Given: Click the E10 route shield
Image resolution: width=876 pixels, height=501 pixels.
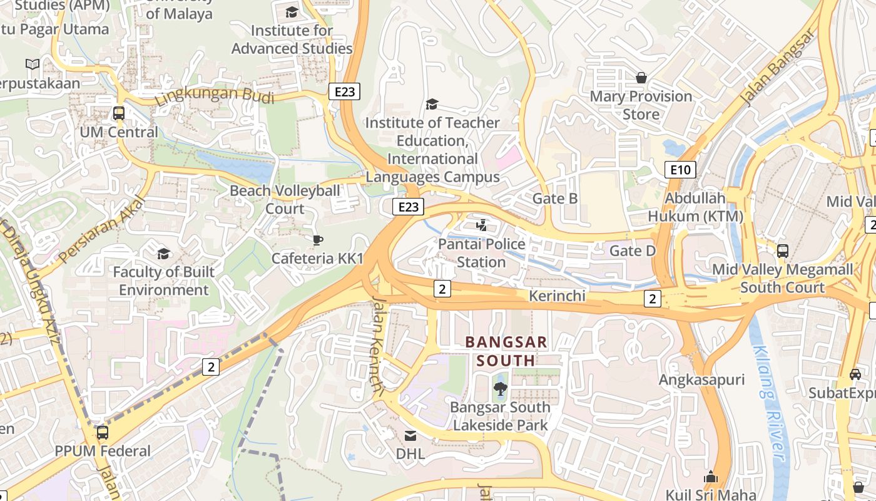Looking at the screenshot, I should coord(680,169).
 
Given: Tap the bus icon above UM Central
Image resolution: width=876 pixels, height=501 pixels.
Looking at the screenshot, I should coord(118,113).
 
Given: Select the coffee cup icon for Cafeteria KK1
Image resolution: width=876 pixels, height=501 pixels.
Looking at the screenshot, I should coord(317,240).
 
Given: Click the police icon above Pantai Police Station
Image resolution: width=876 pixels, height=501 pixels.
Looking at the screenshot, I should coord(481,225).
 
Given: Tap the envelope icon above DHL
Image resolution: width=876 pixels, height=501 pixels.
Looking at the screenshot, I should coord(410,435).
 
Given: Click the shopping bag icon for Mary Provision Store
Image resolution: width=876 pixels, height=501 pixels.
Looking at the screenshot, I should coord(641,78).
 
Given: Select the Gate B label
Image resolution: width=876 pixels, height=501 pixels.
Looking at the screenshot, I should coord(554,199).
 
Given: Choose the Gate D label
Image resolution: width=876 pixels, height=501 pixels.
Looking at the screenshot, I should coord(633,251).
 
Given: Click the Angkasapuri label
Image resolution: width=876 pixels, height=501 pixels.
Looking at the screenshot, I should coord(701,380).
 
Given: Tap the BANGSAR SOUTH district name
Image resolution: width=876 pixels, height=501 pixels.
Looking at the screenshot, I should coord(506,351).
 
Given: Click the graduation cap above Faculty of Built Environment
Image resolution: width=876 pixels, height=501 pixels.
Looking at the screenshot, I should coord(163,254).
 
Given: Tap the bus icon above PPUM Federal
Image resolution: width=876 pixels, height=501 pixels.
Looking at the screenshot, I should coord(102,433).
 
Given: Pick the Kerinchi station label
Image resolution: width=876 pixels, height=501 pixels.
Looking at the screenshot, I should coord(557,296).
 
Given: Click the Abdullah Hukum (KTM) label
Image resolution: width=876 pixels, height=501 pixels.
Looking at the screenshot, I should coord(695,207).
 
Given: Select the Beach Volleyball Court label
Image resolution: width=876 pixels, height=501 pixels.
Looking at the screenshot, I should coord(285,199).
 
